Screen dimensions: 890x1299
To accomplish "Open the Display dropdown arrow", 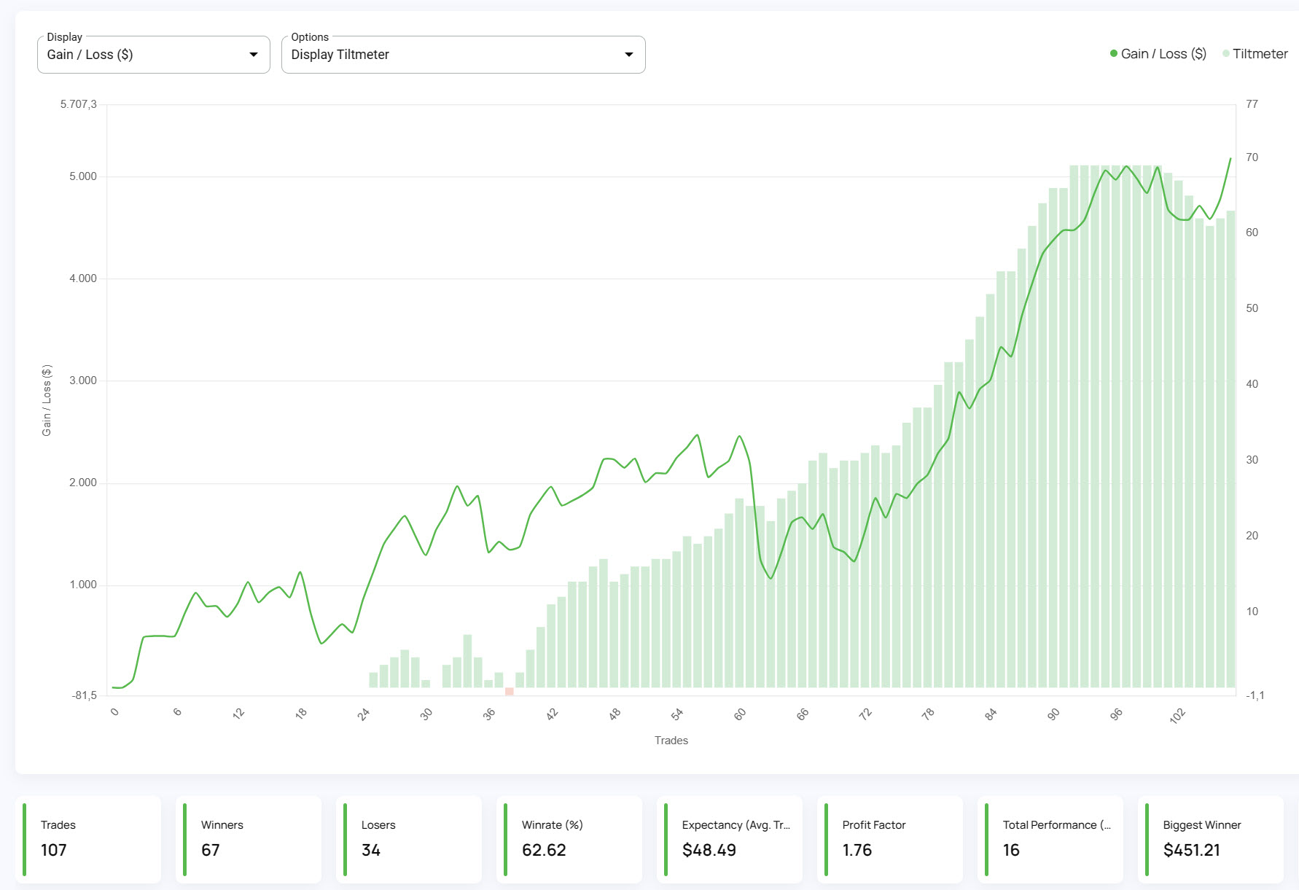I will pyautogui.click(x=253, y=55).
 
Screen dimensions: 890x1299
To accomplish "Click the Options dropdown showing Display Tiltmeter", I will pyautogui.click(x=462, y=55).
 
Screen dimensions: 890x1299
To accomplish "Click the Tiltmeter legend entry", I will pyautogui.click(x=1259, y=54).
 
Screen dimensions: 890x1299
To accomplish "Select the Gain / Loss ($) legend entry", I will pyautogui.click(x=1162, y=54).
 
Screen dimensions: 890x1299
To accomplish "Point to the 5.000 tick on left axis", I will pyautogui.click(x=82, y=176).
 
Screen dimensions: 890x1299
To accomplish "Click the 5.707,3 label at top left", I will pyautogui.click(x=78, y=104).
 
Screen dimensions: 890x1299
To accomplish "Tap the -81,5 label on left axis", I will pyautogui.click(x=84, y=695).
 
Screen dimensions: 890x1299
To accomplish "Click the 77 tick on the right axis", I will pyautogui.click(x=1252, y=104).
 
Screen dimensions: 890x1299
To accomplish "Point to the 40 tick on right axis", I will pyautogui.click(x=1252, y=384).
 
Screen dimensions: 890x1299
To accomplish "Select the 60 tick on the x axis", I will pyautogui.click(x=740, y=714).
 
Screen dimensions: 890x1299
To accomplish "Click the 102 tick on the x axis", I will pyautogui.click(x=1177, y=716).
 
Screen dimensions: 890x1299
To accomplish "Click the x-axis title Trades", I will pyautogui.click(x=671, y=741).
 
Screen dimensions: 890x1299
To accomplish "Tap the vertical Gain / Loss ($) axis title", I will pyautogui.click(x=47, y=400).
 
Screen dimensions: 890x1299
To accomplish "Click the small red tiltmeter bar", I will pyautogui.click(x=509, y=691).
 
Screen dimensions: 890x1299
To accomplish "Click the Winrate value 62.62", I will pyautogui.click(x=544, y=850).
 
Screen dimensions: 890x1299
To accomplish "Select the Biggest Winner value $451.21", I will pyautogui.click(x=1191, y=850).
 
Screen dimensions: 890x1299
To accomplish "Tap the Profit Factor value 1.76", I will pyautogui.click(x=857, y=850).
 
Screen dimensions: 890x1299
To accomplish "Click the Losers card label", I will pyautogui.click(x=378, y=825).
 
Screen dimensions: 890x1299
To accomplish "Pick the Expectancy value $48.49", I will pyautogui.click(x=709, y=850).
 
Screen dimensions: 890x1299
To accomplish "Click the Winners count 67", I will pyautogui.click(x=210, y=850).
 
